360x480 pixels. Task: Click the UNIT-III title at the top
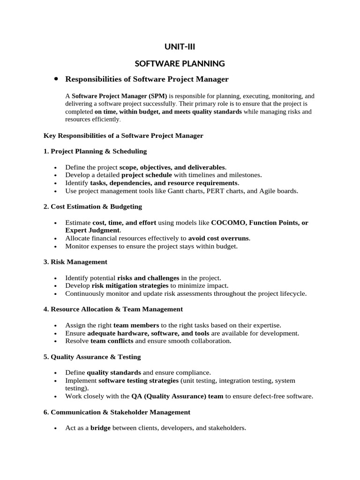pos(180,46)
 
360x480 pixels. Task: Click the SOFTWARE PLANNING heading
pos(180,63)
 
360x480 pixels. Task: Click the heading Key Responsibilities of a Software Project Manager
pos(123,135)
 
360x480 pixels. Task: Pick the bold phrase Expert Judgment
pos(92,231)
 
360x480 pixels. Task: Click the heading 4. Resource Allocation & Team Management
pos(113,309)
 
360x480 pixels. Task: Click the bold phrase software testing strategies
pos(139,381)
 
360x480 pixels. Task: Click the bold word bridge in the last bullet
pos(100,428)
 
